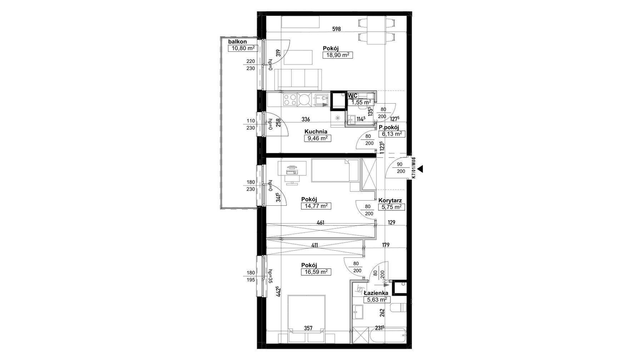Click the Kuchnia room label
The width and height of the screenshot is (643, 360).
(x=316, y=131)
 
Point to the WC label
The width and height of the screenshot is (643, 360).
(x=353, y=95)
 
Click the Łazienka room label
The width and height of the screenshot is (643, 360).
(x=376, y=293)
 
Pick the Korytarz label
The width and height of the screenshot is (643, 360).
(x=390, y=201)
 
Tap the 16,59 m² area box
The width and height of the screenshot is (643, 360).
(x=316, y=272)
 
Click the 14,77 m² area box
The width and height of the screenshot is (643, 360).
(x=316, y=206)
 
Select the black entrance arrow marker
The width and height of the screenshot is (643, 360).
(x=420, y=169)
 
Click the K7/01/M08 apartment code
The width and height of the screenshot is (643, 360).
(x=414, y=168)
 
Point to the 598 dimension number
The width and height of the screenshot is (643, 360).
(x=336, y=29)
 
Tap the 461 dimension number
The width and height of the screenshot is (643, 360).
(x=320, y=223)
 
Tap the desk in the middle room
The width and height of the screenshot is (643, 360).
(x=292, y=172)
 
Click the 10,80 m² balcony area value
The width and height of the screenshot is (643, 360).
(x=243, y=49)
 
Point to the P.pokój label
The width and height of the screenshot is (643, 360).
(x=389, y=127)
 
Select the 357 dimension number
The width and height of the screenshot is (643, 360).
(x=308, y=328)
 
